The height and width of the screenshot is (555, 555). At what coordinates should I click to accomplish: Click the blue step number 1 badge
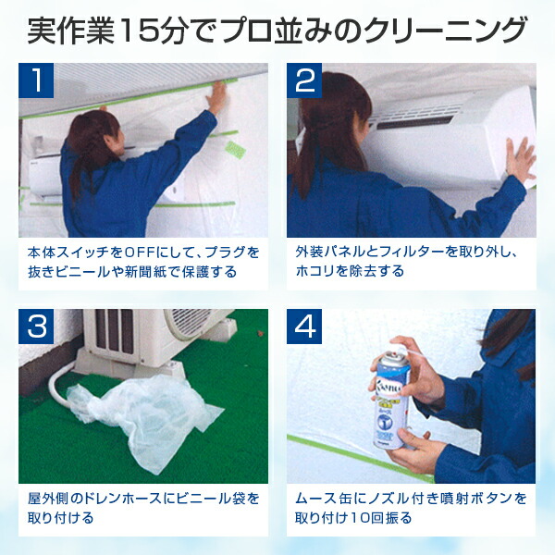click(36, 80)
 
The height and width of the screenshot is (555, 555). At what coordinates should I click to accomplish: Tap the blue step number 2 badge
click(304, 80)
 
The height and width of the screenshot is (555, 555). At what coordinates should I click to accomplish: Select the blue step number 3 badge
click(36, 327)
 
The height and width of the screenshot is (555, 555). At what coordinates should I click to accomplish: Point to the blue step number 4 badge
click(304, 327)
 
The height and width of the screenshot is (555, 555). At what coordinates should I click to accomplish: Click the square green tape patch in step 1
click(236, 149)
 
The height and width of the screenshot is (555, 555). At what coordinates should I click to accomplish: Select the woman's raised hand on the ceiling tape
click(216, 98)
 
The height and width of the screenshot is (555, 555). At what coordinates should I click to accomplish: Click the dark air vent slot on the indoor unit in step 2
click(415, 122)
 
